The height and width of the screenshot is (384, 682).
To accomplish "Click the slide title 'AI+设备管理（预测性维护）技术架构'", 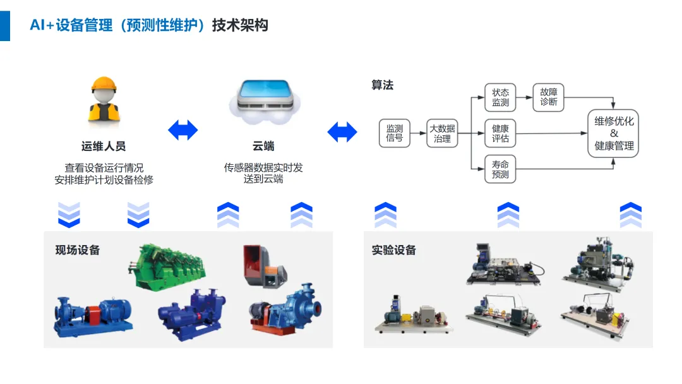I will (149, 25).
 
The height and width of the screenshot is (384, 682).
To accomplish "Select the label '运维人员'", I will (104, 146).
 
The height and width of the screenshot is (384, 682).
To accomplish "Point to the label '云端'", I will (263, 146).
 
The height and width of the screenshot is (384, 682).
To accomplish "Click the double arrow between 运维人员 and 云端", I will (183, 130).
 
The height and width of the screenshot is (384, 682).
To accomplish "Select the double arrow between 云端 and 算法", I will (342, 131).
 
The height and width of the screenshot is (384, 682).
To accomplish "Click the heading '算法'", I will (382, 85).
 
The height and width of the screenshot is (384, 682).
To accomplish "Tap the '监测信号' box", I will (395, 133).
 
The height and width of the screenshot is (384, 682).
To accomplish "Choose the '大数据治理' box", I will (442, 133).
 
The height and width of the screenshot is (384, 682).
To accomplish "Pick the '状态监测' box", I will (500, 97).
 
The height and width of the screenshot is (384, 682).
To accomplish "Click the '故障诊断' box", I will (549, 97).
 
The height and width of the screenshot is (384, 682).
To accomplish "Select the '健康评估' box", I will (500, 133).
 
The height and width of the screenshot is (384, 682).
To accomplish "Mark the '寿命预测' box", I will (500, 169).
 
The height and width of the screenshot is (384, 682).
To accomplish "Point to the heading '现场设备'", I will (78, 249).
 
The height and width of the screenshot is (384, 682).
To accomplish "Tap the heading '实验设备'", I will (394, 249).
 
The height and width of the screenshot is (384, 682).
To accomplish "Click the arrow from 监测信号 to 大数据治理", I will (419, 133).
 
